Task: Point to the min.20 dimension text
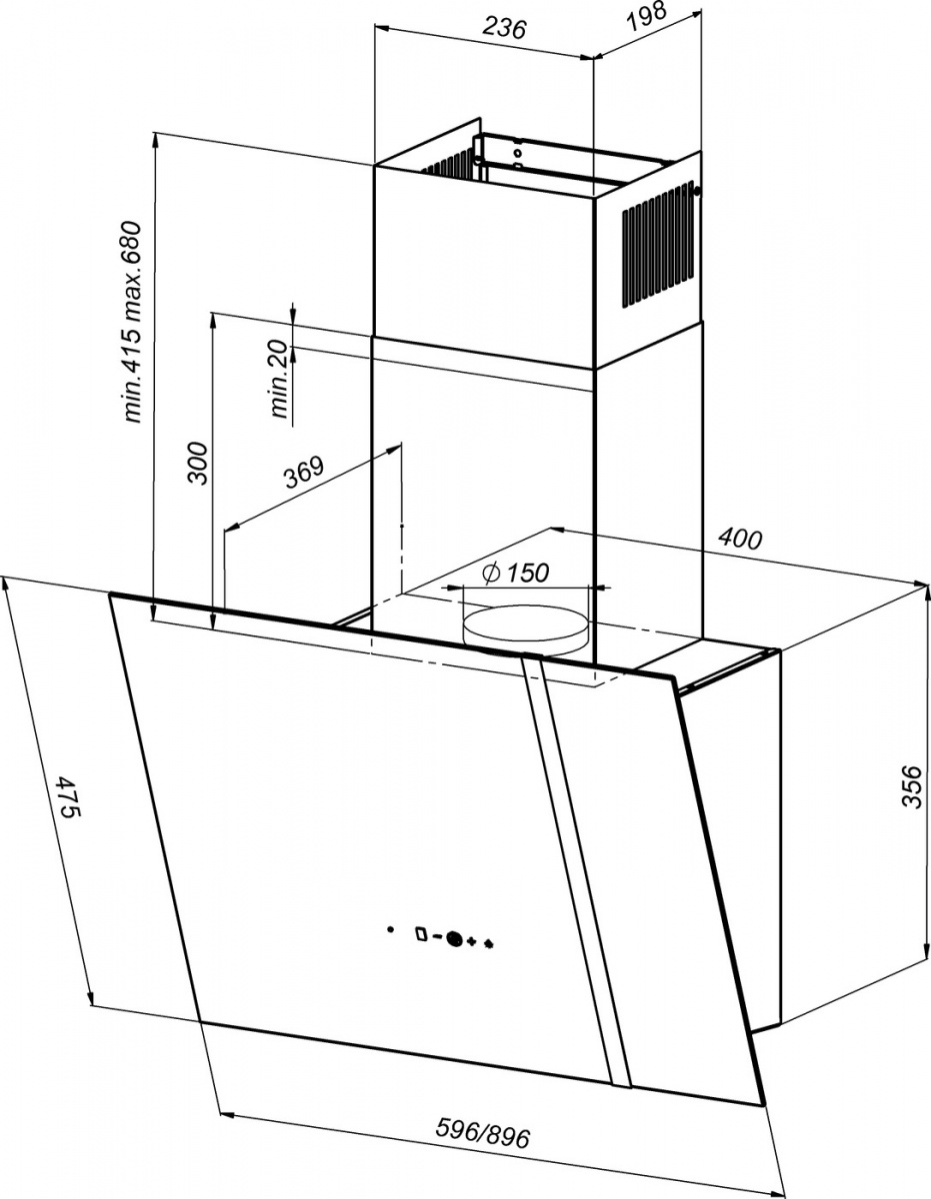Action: coord(279,379)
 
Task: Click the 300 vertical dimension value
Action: coord(198,462)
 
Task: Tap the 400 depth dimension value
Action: coord(740,539)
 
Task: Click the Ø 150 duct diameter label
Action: coord(515,574)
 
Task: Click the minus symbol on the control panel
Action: coord(438,937)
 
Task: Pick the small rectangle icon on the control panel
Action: coord(421,934)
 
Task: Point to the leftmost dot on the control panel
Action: coord(390,929)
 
